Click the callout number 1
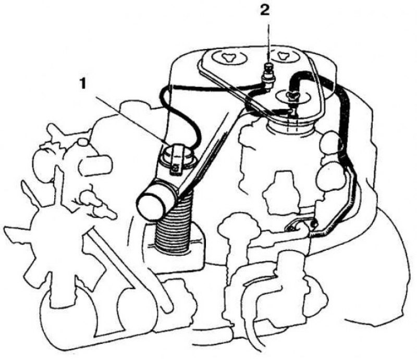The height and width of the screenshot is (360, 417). [x=83, y=84]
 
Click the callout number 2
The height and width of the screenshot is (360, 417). [x=265, y=10]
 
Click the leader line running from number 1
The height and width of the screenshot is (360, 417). [x=130, y=120]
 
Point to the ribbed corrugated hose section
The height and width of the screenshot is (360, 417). [x=173, y=229]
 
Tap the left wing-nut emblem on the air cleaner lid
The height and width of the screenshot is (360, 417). [x=227, y=57]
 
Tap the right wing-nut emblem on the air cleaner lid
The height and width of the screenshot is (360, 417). [x=282, y=55]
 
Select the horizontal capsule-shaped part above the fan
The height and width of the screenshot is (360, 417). [x=95, y=165]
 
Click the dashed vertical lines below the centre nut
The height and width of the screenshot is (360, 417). [x=292, y=123]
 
